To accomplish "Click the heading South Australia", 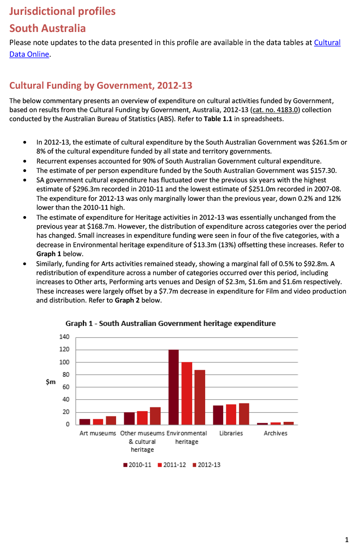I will point(47,28).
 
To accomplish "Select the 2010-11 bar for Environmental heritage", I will point(174,387).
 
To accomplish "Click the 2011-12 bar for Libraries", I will point(231,414).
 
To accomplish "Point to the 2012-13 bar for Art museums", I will point(111,420).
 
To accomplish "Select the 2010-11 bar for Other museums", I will point(129,418).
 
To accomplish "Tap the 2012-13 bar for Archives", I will point(288,423).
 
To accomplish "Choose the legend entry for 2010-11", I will point(137,465).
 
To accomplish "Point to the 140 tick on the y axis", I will point(64,337).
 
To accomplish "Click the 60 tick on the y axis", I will point(66,387).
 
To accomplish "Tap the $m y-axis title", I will point(51,382).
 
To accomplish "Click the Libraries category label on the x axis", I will point(231,433).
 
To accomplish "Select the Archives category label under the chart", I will point(275,433).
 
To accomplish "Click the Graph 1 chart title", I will point(171,323).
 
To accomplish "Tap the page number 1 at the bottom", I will point(346,540).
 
